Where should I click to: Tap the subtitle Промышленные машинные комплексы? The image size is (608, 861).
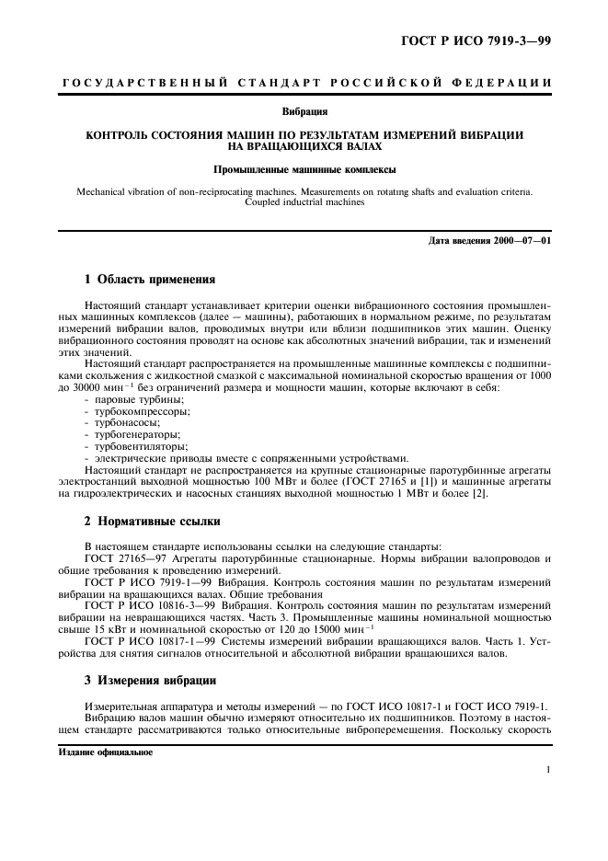click(304, 170)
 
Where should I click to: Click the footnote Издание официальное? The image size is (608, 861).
click(106, 751)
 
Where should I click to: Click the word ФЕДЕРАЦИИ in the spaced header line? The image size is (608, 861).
click(504, 84)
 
